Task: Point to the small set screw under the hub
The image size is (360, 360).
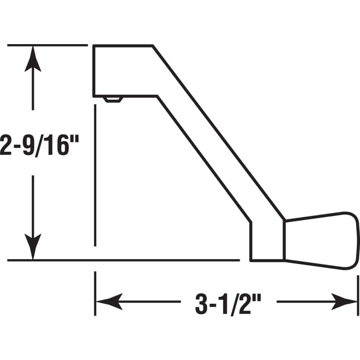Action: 113,99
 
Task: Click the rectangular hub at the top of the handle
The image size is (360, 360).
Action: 121,71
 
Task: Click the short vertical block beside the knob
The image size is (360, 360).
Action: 267,241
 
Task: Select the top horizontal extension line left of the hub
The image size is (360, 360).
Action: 47,45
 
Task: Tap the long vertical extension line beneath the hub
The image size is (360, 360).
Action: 95,175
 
